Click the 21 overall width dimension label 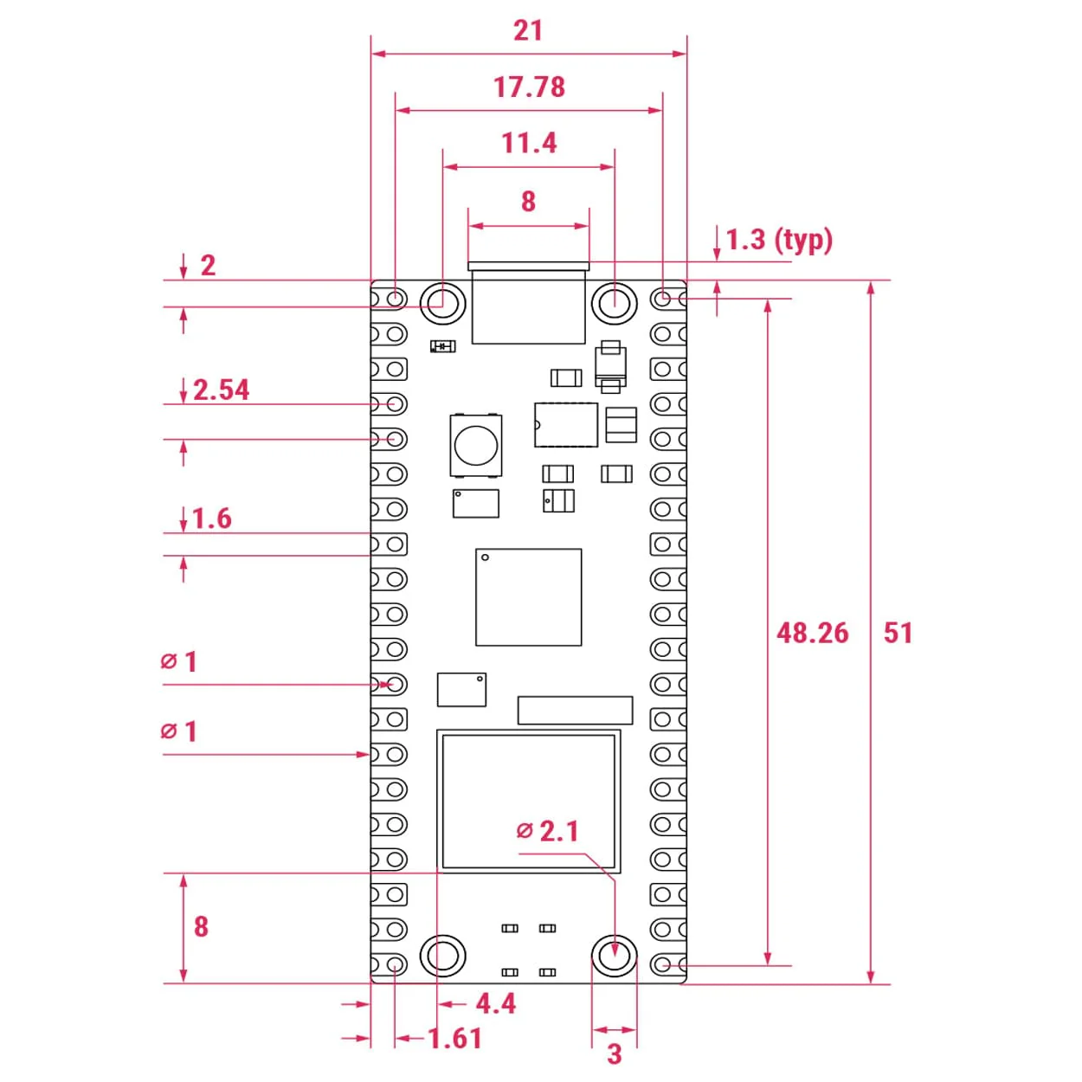click(528, 30)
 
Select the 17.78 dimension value click(529, 87)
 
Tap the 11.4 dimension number click(529, 143)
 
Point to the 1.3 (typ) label click(779, 240)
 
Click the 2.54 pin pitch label click(221, 390)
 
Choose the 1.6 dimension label click(212, 518)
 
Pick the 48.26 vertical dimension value click(812, 633)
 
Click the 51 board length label click(898, 633)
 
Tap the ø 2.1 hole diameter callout click(548, 831)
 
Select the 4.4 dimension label click(496, 1004)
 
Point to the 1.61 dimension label click(455, 1039)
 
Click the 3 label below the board click(615, 1053)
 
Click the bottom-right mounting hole click(615, 956)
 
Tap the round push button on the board click(475, 445)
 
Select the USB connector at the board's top click(528, 305)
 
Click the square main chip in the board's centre click(528, 596)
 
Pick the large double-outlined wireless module click(528, 801)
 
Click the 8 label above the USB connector click(528, 202)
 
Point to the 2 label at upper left click(208, 266)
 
